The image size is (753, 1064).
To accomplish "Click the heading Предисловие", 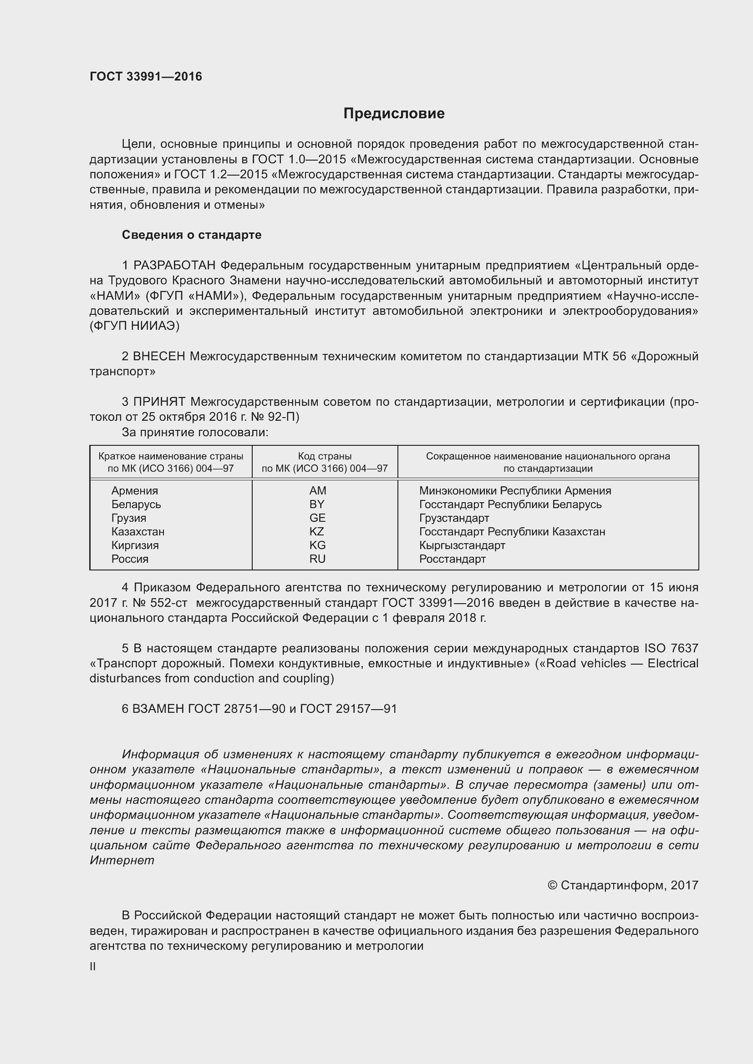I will (x=394, y=114).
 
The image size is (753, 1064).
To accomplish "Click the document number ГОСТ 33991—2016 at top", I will (x=146, y=76).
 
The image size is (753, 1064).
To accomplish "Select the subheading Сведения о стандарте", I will (x=192, y=235).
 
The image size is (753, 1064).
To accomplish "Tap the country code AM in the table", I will (x=318, y=490).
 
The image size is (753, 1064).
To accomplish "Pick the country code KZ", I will (x=317, y=531).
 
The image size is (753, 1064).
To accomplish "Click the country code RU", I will (x=317, y=559).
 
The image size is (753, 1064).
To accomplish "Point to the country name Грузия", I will (x=128, y=518).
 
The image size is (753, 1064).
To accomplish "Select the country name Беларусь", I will (x=136, y=504).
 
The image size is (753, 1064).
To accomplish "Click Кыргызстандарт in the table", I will (x=462, y=545).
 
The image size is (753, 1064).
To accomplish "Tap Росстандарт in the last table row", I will (x=452, y=559).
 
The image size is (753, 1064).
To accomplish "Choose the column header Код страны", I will (x=325, y=456).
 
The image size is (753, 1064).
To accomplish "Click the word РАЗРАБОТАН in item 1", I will (x=174, y=266).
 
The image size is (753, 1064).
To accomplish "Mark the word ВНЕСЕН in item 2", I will (x=158, y=356).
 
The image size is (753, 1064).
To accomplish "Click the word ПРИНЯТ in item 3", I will (x=159, y=402).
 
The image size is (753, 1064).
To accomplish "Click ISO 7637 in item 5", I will (x=671, y=648).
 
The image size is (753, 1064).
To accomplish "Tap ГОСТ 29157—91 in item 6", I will (x=348, y=709).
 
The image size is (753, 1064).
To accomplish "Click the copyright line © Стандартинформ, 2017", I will (x=623, y=886).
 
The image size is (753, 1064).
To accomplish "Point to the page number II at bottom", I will (x=93, y=967).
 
